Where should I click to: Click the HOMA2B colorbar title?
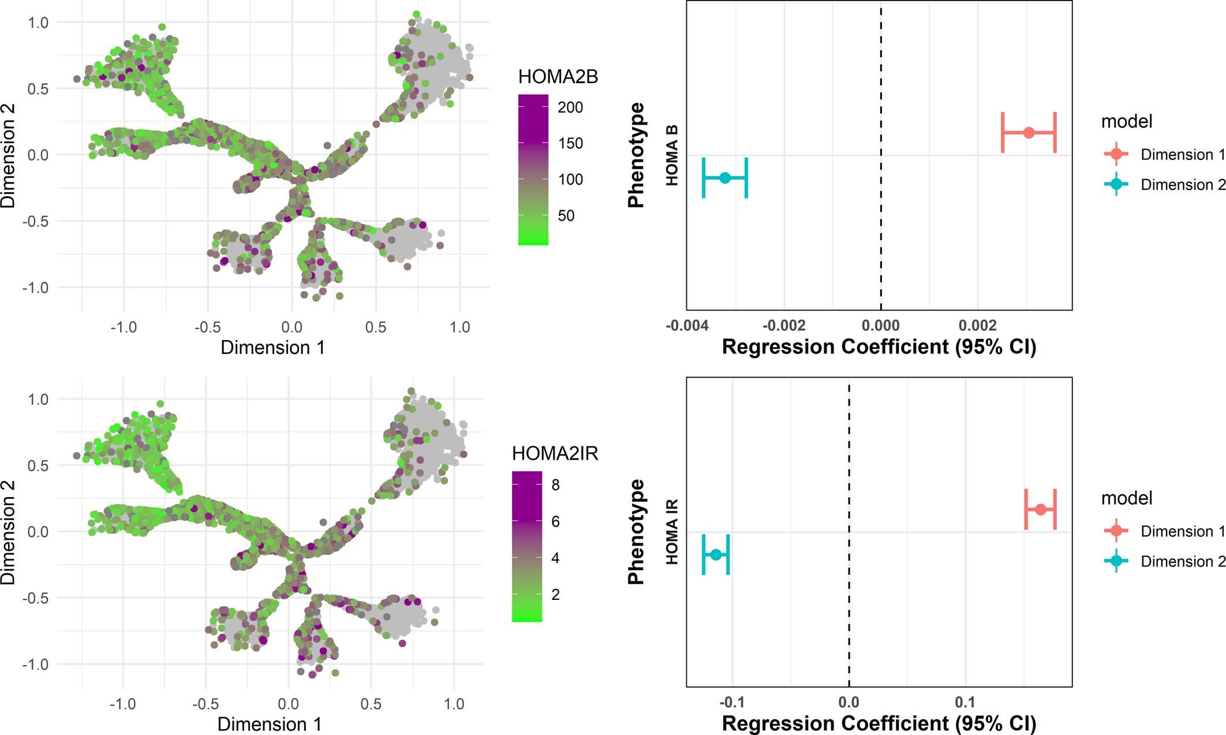click(558, 77)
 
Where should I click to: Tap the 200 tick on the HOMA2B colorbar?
click(570, 107)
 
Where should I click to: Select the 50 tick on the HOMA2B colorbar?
click(566, 216)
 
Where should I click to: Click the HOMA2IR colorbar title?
click(555, 454)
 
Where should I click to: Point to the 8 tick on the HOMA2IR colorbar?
click(555, 485)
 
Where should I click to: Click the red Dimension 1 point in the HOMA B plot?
click(1029, 133)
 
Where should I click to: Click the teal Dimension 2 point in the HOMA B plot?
click(725, 178)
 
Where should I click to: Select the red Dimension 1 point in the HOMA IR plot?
click(1040, 509)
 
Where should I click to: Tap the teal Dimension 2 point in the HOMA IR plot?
click(716, 554)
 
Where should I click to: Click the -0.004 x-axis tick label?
click(687, 326)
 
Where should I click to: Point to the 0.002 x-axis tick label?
click(978, 326)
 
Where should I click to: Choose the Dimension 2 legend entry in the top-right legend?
click(1182, 185)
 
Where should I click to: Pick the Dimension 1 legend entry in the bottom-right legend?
click(1182, 531)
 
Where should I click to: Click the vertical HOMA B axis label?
click(671, 155)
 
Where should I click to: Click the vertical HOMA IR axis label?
click(671, 532)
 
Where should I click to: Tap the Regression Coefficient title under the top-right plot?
click(879, 347)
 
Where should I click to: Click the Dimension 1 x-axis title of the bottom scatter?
click(269, 724)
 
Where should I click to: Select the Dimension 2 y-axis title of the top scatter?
click(8, 155)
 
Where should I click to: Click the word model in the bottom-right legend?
click(1126, 498)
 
